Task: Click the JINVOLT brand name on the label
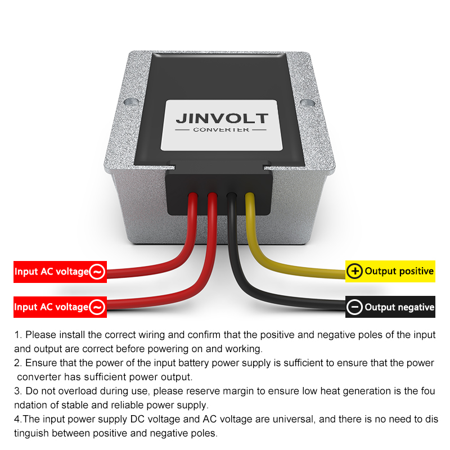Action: (222, 118)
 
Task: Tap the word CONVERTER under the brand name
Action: (221, 130)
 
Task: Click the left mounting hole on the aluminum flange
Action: (130, 101)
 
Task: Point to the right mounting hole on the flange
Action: (307, 102)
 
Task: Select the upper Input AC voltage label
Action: (60, 272)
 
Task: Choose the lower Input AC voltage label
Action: (60, 307)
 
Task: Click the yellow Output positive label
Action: (390, 271)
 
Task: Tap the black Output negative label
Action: (390, 307)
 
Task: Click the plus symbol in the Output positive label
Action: (355, 271)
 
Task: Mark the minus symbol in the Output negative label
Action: (355, 307)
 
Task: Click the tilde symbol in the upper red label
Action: (97, 272)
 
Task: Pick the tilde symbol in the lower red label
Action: (97, 307)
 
